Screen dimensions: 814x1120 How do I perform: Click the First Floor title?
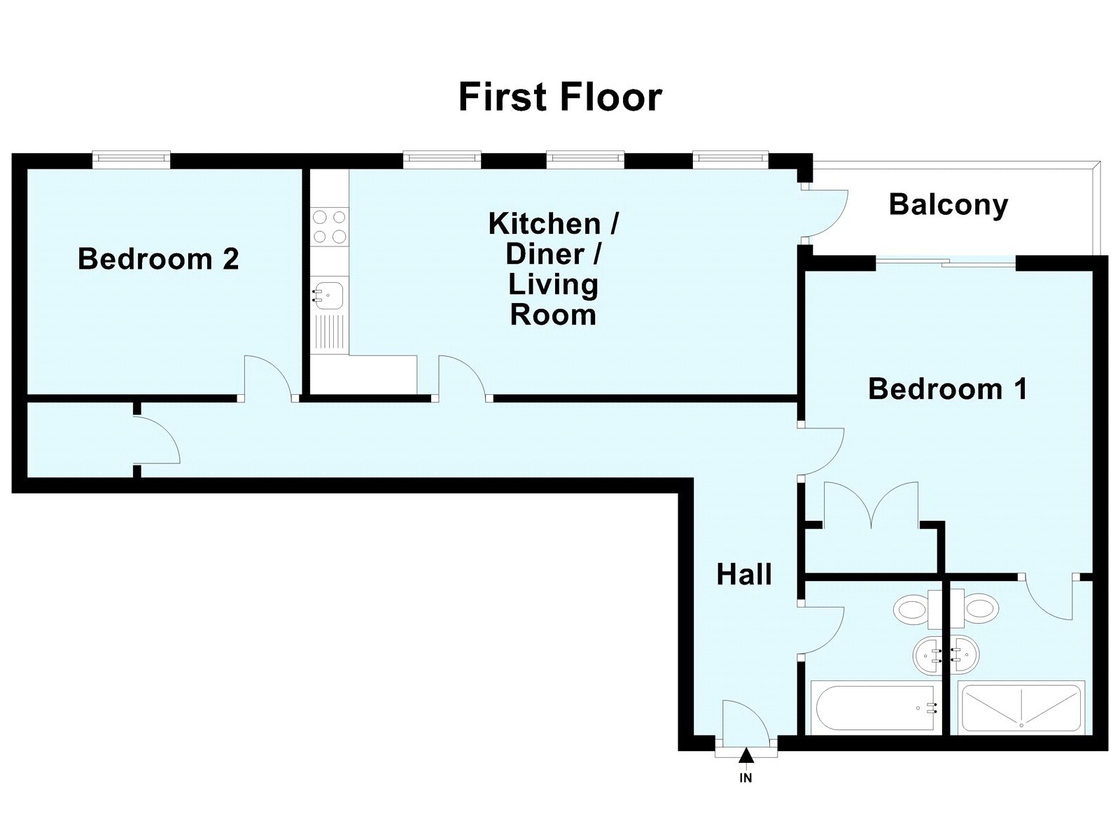point(560,97)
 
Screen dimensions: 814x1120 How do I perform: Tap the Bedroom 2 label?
point(158,259)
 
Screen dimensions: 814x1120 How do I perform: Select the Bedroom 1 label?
point(947,388)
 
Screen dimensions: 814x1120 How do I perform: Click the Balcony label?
point(948,205)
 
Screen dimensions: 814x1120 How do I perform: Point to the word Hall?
point(744,575)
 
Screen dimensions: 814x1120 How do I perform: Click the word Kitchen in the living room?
point(545,224)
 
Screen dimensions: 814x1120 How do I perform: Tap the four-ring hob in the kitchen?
point(329,226)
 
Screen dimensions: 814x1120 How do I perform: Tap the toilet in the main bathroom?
point(912,608)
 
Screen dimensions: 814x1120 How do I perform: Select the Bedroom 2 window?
point(132,159)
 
